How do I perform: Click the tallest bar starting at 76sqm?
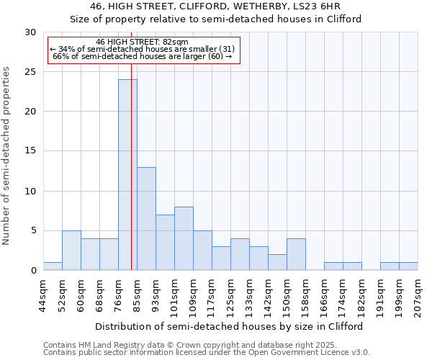point(127,175)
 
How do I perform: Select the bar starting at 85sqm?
point(146,219)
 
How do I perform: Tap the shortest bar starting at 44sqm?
point(53,266)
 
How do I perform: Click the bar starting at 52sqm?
point(71,251)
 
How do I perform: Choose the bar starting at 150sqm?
point(296,254)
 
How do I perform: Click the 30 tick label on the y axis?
point(30,32)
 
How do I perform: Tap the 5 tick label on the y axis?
point(33,231)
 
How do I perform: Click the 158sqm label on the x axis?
point(306,296)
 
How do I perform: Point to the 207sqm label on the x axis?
point(418,296)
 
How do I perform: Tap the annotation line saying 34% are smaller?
point(143,49)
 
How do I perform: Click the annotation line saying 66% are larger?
point(143,56)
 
